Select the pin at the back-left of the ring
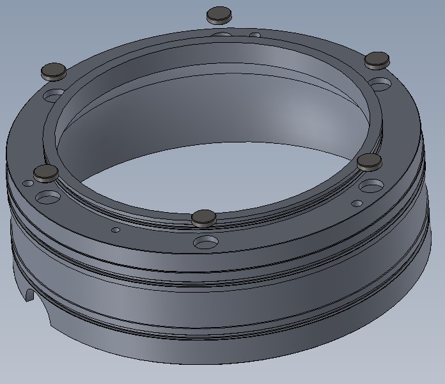[54, 71]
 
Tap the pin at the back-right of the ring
[377, 61]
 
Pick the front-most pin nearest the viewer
[204, 217]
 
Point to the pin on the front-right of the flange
[369, 162]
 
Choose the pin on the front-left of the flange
[46, 172]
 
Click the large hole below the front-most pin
[206, 242]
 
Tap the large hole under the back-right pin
[380, 84]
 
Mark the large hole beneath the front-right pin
[371, 187]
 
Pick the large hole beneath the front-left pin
[47, 195]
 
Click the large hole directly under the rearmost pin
[222, 35]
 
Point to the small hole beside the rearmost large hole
[254, 35]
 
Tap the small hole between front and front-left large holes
[116, 230]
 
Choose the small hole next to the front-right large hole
[357, 204]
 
